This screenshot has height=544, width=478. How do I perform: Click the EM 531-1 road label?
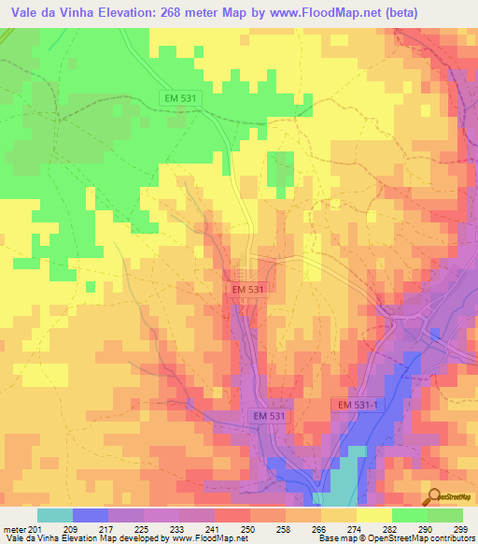click(x=358, y=404)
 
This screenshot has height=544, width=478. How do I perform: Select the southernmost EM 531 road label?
click(x=272, y=414)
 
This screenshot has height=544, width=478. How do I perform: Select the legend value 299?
click(x=460, y=528)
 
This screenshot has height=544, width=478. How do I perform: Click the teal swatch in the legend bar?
click(x=55, y=515)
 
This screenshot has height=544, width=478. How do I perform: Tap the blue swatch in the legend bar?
click(x=91, y=515)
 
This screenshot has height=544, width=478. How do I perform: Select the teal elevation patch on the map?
click(x=346, y=472)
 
